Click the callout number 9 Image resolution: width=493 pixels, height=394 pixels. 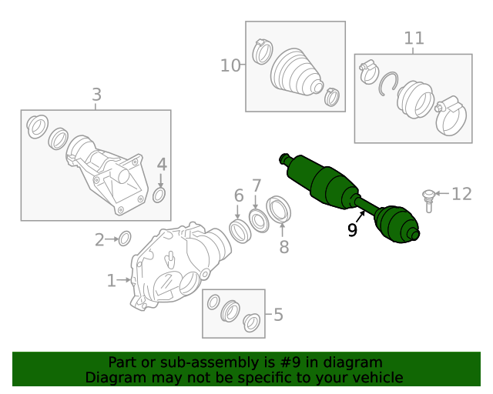(352, 230)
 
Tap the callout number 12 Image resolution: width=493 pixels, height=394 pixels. (461, 194)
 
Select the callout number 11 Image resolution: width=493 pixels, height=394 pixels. (414, 38)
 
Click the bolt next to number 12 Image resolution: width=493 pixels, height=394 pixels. (428, 199)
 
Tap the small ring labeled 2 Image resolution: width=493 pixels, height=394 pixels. (125, 239)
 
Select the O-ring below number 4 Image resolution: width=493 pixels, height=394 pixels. (159, 195)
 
